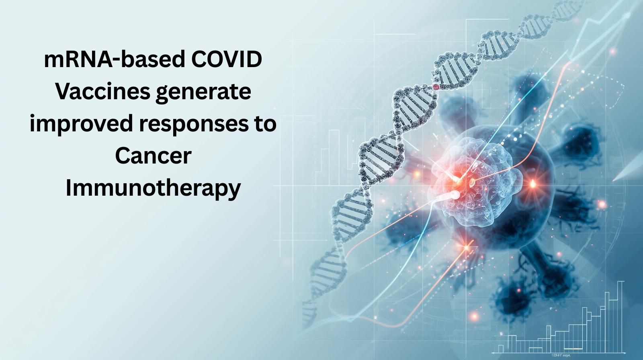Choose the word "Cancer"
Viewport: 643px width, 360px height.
point(153,155)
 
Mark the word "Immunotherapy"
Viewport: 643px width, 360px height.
point(153,188)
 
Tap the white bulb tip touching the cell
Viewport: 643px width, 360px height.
point(455,194)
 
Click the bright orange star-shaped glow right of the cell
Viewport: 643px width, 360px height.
point(533,184)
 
